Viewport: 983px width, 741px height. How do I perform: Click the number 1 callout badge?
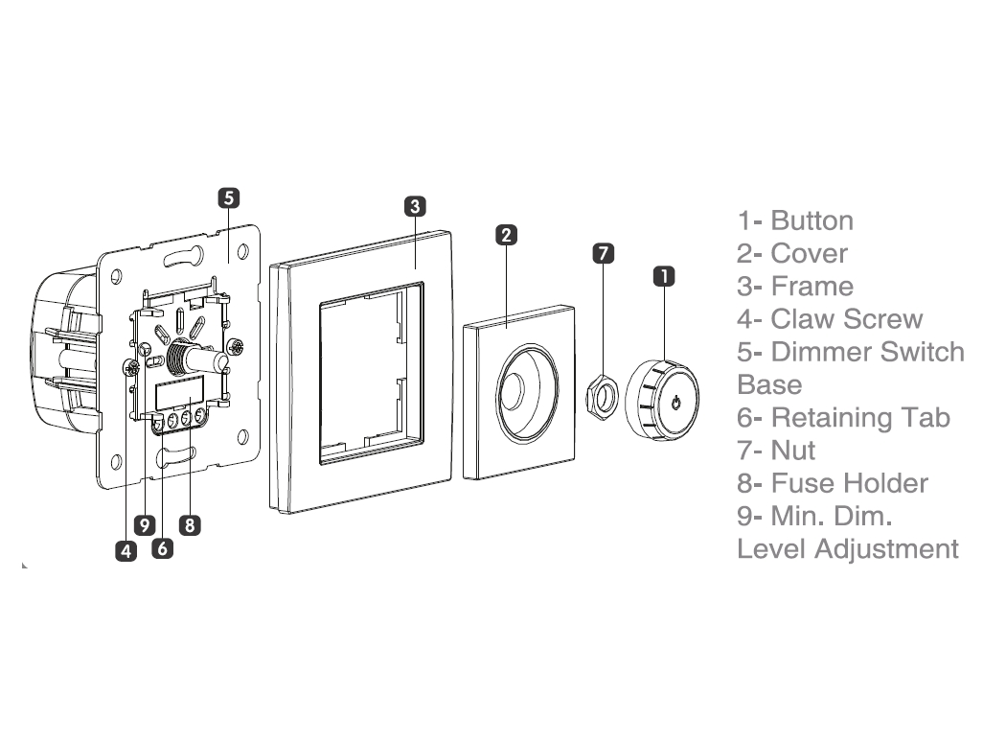click(663, 276)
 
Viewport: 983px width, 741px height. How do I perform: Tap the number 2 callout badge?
click(507, 234)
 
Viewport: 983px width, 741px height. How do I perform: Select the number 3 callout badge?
click(413, 205)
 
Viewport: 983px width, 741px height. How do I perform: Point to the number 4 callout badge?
click(126, 550)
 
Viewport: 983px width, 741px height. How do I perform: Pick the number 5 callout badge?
click(228, 197)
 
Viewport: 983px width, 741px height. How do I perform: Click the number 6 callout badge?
click(162, 548)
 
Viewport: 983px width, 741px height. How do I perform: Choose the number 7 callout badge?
click(603, 253)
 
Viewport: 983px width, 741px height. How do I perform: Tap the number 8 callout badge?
click(190, 524)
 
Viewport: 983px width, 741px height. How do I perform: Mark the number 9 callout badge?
click(145, 524)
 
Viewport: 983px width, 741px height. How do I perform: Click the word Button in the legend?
click(812, 220)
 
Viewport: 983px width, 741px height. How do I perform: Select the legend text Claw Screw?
click(847, 319)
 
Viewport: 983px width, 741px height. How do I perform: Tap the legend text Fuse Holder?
click(849, 483)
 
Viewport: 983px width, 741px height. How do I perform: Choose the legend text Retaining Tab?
click(860, 417)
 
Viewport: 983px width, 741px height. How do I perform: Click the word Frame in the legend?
click(812, 286)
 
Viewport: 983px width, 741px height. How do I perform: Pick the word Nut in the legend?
click(793, 450)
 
